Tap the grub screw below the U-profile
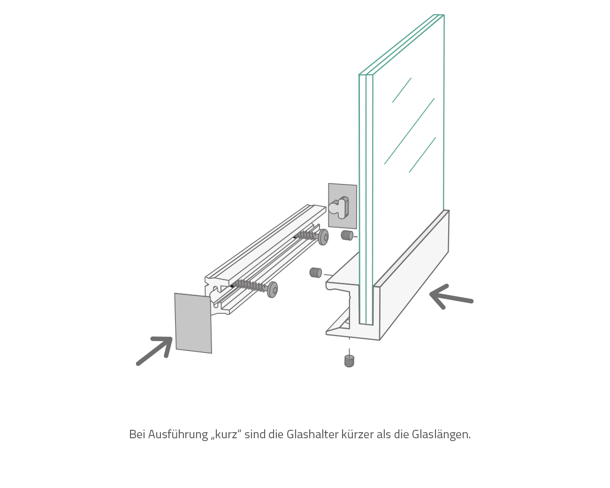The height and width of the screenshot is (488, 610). (x=349, y=361)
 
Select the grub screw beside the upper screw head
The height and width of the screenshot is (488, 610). (x=347, y=236)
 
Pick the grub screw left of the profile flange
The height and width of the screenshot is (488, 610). (x=315, y=273)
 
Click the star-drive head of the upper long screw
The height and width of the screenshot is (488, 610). (x=323, y=237)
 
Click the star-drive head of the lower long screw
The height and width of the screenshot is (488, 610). (x=273, y=290)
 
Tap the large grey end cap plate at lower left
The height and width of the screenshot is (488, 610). (x=193, y=323)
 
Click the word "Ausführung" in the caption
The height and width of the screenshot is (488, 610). (x=178, y=435)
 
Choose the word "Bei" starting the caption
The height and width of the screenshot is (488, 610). (x=137, y=435)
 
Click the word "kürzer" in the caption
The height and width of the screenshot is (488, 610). (x=358, y=435)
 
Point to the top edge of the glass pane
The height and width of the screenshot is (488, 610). (x=402, y=45)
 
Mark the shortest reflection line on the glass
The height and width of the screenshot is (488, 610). (x=402, y=90)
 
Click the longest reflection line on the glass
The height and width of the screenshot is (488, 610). (x=409, y=131)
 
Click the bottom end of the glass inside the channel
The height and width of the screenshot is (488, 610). (x=366, y=324)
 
